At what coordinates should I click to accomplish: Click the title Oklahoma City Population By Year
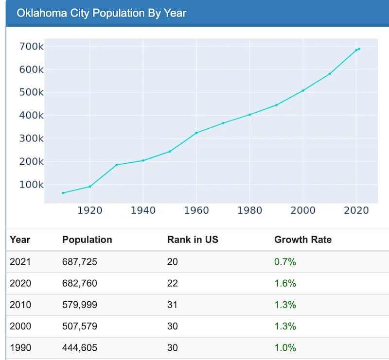tap(101, 13)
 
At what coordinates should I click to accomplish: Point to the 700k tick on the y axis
tap(31, 47)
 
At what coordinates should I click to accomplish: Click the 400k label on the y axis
tap(31, 116)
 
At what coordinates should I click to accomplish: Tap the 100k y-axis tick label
tap(31, 185)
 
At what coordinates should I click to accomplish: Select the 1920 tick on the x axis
tap(90, 210)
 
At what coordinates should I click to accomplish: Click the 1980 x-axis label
tap(249, 210)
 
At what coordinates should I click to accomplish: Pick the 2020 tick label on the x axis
tap(356, 210)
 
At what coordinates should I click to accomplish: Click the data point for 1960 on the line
tap(196, 133)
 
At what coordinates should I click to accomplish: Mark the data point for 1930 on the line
tap(116, 165)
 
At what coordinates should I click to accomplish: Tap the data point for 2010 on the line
tap(330, 74)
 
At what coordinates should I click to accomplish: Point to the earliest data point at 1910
tap(63, 193)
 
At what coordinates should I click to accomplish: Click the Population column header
tap(87, 240)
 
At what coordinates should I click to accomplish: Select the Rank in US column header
tap(193, 240)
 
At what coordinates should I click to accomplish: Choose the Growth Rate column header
tap(303, 240)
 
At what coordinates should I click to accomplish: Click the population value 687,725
tap(80, 262)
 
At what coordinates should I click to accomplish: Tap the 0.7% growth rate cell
tap(285, 262)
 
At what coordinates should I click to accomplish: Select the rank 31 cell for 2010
tap(173, 305)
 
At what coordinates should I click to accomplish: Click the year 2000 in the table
tap(20, 326)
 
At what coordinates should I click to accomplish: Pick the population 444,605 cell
tap(80, 347)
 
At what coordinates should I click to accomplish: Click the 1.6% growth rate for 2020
tap(285, 283)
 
